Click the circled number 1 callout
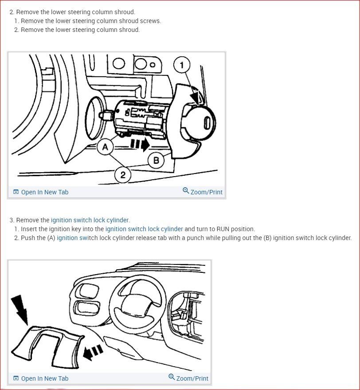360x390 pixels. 182,65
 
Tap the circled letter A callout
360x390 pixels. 105,147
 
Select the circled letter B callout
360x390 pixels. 156,160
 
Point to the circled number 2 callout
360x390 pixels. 123,175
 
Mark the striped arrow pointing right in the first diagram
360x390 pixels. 140,145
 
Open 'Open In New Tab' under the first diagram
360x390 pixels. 41,192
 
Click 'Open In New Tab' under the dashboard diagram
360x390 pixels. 41,378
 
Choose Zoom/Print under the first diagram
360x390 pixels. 203,192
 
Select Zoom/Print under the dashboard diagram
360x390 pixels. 188,378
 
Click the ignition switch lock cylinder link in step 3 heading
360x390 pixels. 90,220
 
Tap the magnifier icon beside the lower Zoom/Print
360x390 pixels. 172,377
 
